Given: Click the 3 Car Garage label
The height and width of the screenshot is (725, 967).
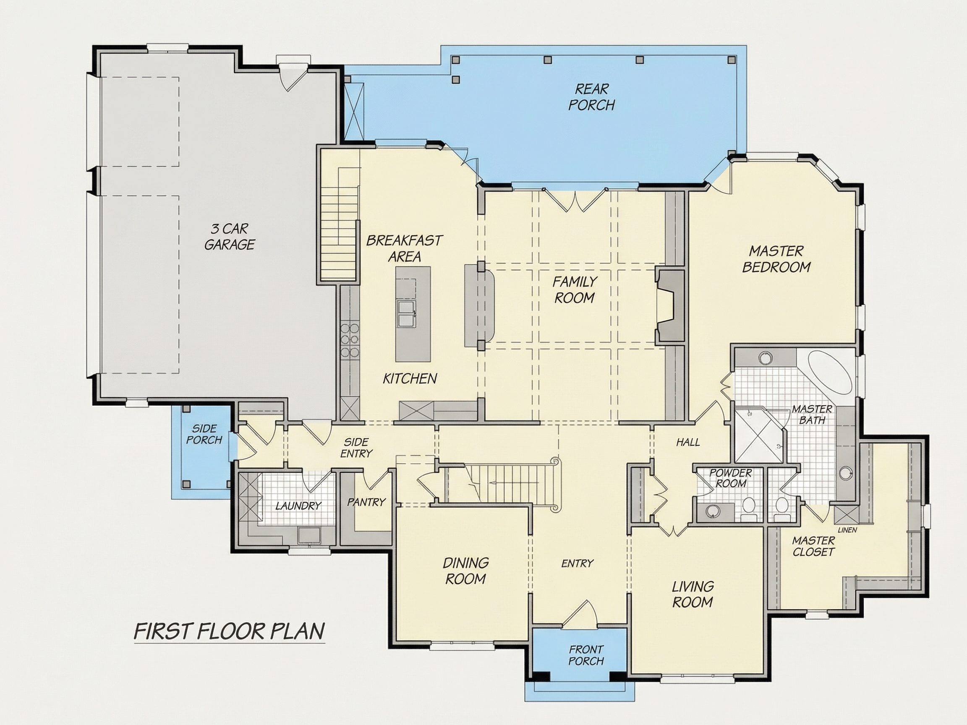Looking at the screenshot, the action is (x=230, y=237).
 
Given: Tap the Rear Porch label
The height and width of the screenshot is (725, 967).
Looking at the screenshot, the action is (x=591, y=97).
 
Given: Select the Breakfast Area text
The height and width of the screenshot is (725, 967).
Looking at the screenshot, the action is (x=404, y=248).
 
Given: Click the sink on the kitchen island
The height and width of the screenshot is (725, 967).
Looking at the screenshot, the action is (x=406, y=313).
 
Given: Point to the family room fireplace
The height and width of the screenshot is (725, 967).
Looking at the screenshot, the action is (x=669, y=306).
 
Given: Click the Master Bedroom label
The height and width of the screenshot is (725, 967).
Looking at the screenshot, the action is (x=776, y=259).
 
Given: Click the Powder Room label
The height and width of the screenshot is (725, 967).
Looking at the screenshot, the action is (x=730, y=478).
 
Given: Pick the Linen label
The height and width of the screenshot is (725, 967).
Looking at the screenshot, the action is (x=847, y=530).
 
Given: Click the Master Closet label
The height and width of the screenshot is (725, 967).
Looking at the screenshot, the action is (x=813, y=546).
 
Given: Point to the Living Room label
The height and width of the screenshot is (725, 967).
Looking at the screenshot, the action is (x=693, y=595).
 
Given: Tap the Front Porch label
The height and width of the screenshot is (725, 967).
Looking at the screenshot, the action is (x=586, y=655).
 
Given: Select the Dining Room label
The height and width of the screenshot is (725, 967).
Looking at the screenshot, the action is (x=465, y=571).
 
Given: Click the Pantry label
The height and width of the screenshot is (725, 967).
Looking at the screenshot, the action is (x=366, y=503).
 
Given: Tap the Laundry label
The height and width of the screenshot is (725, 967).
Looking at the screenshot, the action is (x=298, y=506).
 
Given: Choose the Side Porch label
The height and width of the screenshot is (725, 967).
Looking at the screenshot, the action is (x=204, y=434).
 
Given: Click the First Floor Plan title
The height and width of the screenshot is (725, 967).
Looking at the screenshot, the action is (x=230, y=631).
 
